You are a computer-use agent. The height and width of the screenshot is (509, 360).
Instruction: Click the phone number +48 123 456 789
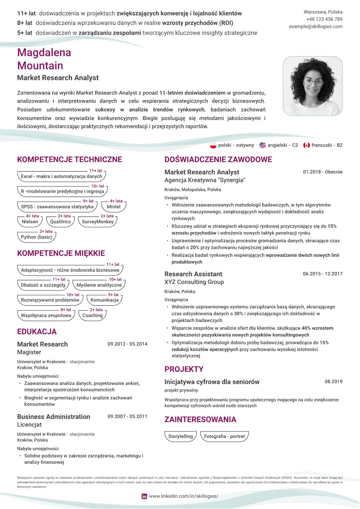(x=324, y=19)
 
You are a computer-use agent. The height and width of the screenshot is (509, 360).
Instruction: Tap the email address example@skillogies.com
(x=316, y=26)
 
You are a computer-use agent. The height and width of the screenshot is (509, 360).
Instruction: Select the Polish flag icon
(x=213, y=145)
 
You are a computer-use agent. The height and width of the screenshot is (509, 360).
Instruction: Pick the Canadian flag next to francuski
(x=306, y=145)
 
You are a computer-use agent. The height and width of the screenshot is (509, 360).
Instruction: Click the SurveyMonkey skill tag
(x=97, y=222)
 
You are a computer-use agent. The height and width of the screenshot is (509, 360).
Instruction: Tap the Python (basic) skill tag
(x=37, y=237)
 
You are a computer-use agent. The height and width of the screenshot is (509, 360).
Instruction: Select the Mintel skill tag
(x=113, y=207)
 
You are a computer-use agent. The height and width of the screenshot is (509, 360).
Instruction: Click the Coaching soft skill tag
(x=92, y=315)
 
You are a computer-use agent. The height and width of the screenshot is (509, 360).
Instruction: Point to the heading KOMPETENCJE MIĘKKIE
(x=61, y=253)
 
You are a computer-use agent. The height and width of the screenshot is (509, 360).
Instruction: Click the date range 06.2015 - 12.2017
(x=323, y=274)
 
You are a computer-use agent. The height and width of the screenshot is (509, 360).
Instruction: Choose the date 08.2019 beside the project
(x=333, y=381)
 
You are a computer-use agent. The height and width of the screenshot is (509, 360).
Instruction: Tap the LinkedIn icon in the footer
(x=144, y=496)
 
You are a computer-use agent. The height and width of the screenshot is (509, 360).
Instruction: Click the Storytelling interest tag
(x=180, y=436)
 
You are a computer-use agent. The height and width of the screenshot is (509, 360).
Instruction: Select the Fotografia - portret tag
(x=224, y=436)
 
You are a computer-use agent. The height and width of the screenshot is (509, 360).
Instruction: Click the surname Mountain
(x=40, y=66)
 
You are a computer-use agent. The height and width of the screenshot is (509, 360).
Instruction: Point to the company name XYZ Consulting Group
(x=194, y=282)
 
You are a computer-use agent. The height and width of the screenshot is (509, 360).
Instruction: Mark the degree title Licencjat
(x=29, y=424)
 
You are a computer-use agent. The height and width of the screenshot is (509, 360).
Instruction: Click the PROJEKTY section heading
(x=184, y=369)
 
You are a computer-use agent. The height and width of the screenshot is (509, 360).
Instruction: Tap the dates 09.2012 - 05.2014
(x=127, y=344)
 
